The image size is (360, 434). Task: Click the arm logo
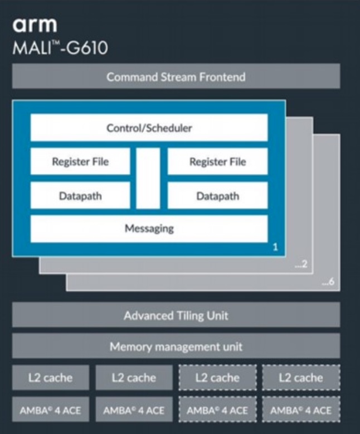coord(35,25)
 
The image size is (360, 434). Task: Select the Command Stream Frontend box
coord(176,76)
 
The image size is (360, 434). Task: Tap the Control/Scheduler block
coord(149,128)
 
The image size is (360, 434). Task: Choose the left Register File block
coord(80,162)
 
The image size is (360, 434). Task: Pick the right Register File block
coord(217,162)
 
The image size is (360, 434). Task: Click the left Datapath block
coord(80,196)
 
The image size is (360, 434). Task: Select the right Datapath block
coord(217,196)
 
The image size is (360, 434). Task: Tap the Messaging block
coord(149,228)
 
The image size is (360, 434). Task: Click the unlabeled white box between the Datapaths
coord(149,179)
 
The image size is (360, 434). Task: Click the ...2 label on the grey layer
coord(301,267)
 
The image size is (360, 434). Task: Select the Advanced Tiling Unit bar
coord(176,315)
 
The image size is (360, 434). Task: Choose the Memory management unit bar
coord(176,346)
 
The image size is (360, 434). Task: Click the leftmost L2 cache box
coord(50,378)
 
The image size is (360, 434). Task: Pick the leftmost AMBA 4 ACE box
coord(50,410)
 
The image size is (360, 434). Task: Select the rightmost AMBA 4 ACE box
coord(301,410)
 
